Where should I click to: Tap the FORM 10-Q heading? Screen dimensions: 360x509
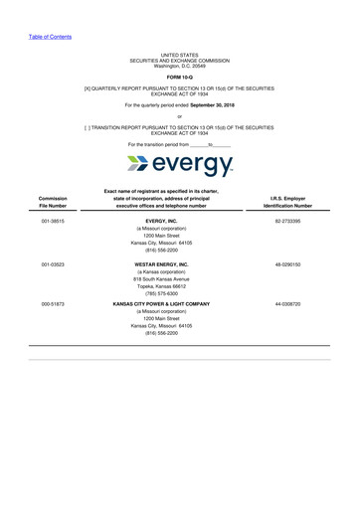pos(180,76)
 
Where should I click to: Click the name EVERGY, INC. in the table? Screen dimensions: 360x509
pos(181,220)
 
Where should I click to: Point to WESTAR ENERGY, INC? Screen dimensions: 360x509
pos(181,264)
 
